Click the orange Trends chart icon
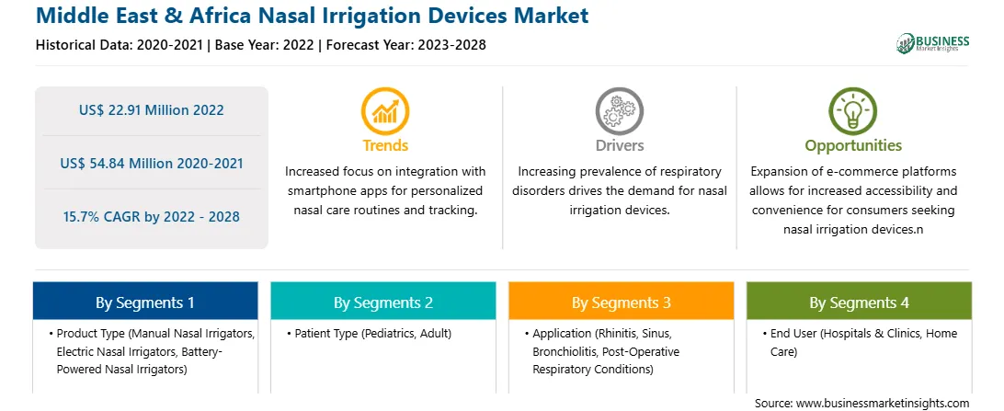(385, 110)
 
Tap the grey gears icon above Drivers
(619, 110)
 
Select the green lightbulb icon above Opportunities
(853, 110)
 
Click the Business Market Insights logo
(933, 43)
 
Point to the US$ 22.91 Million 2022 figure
(152, 110)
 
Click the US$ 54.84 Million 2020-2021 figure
(152, 164)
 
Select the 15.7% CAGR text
(152, 216)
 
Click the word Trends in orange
(385, 145)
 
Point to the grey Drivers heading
(619, 145)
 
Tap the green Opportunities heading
(853, 145)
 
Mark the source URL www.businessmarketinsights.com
(882, 403)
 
